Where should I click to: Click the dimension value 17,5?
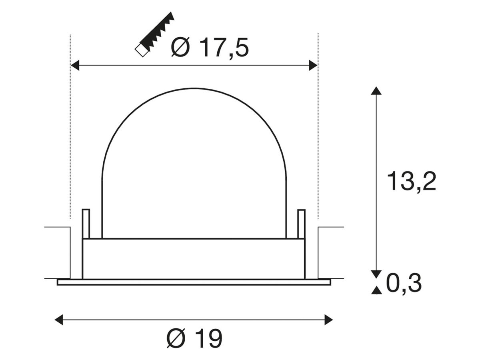(x=224, y=48)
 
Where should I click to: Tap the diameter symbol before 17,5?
(x=180, y=47)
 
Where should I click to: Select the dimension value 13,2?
(x=411, y=181)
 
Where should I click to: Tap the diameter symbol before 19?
(x=176, y=338)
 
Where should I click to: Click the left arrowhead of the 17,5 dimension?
(x=75, y=65)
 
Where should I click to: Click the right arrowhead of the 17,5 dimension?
(x=313, y=65)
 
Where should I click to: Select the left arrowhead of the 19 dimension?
(x=59, y=320)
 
